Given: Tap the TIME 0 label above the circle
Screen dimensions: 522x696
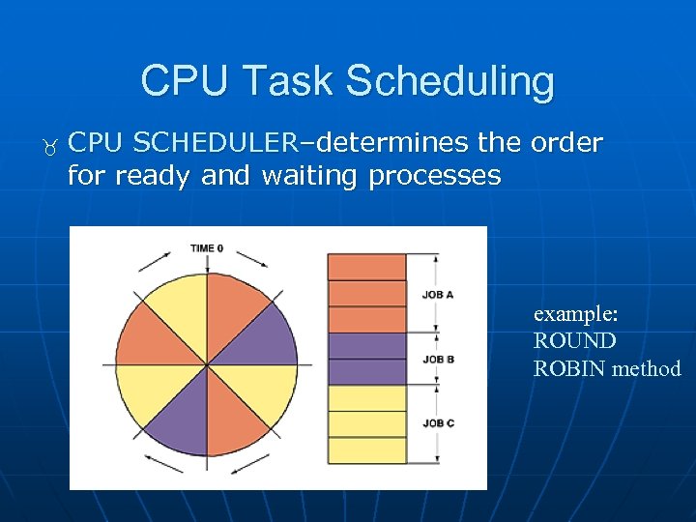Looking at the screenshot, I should point(206,248).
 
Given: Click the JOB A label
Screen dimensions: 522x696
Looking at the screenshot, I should point(438,295).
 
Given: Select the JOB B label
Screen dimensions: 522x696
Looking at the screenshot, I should point(438,359).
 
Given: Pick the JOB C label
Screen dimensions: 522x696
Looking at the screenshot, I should point(438,423).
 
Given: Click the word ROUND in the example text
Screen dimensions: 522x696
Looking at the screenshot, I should point(574,341).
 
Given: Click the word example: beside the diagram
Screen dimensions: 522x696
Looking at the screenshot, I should point(576,314).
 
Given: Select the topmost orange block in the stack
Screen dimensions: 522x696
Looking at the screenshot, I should point(366,267).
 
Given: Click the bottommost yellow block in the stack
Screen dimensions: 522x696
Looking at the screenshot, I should point(366,450).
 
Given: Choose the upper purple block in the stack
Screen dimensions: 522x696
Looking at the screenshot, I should point(366,345).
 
